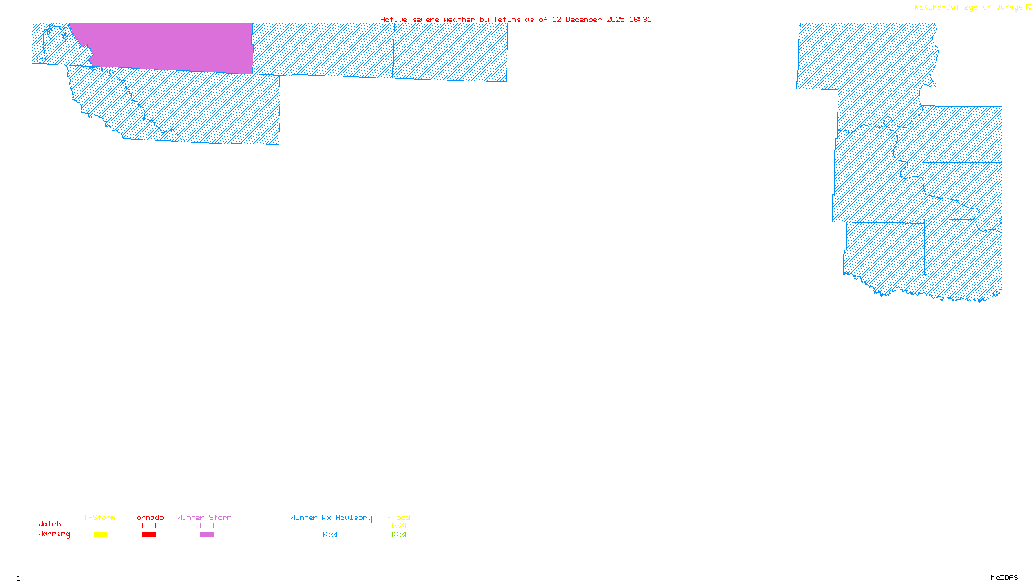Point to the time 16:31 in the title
[640, 19]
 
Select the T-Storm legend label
[100, 517]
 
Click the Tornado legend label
[148, 517]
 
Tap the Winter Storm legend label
[204, 517]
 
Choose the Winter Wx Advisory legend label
[331, 517]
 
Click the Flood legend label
[399, 517]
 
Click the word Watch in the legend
[50, 524]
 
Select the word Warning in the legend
[54, 534]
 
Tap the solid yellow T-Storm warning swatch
[100, 535]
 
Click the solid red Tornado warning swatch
[149, 535]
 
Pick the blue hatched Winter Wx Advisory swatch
[330, 535]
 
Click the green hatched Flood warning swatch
[399, 535]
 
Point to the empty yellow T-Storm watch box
[100, 526]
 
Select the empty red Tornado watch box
[149, 526]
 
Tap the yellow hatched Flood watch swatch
[399, 526]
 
